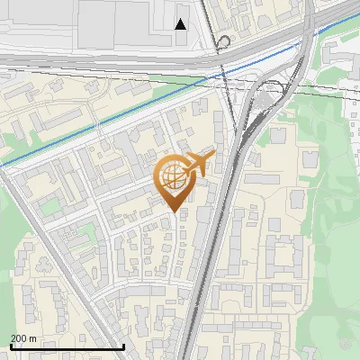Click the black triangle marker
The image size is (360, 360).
[x=181, y=24]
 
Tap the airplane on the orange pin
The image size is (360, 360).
[x=200, y=163]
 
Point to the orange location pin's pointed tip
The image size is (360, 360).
[x=175, y=211]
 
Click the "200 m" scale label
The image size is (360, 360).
[x=23, y=337]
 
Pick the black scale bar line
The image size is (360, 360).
[x=67, y=346]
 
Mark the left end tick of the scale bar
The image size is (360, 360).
[x=10, y=345]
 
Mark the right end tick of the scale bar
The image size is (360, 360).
[x=123, y=345]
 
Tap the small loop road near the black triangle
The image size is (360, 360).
[x=223, y=40]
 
